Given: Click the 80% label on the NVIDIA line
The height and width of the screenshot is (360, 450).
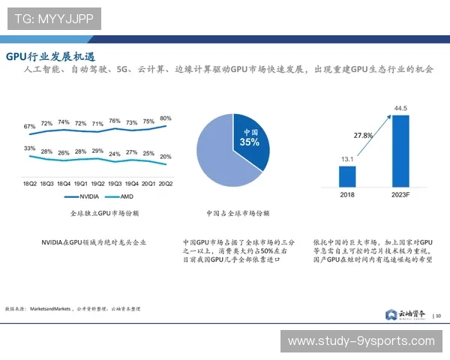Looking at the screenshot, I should coord(166,118).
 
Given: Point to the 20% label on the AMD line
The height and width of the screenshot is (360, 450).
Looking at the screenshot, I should coord(166,157).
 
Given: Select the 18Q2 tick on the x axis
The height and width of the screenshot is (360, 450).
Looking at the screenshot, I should coord(30,182).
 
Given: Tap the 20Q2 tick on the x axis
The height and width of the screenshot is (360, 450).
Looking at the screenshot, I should coord(166,182).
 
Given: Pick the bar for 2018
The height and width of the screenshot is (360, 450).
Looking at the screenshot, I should coord(347,176).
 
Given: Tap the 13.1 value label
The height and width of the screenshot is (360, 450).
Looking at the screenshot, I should coord(347,159).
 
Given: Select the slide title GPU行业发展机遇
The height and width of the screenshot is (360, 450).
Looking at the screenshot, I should coord(50,58).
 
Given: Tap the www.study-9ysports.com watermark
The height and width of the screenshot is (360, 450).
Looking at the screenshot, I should coord(361,340).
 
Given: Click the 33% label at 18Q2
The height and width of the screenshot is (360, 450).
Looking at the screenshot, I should coord(30,148).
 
